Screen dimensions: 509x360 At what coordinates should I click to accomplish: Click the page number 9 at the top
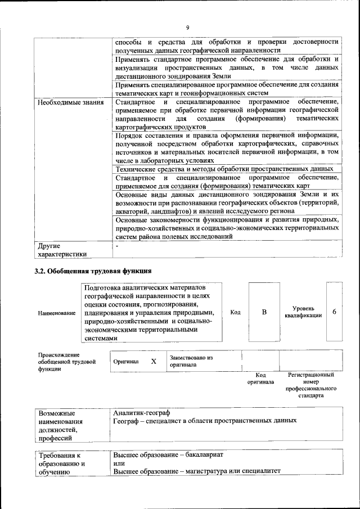point(188,28)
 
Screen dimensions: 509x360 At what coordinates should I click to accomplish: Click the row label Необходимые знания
point(70,103)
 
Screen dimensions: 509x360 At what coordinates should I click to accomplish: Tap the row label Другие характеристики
point(62,250)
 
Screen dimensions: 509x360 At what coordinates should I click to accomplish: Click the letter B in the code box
point(264,312)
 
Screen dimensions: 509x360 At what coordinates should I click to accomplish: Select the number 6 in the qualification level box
point(334,312)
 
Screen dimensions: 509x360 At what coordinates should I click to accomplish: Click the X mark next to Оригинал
point(154,361)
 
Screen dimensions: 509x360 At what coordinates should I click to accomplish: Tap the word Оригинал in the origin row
point(126,362)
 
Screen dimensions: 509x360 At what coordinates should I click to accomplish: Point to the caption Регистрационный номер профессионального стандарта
point(310,385)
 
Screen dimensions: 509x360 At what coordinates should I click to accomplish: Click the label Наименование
point(56,313)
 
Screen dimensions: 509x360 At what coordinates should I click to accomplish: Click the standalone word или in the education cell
point(119,463)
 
